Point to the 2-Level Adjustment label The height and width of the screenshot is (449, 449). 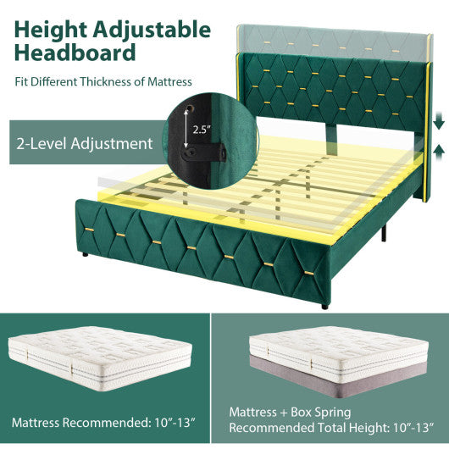(x=84, y=143)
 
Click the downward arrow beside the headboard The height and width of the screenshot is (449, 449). (x=437, y=124)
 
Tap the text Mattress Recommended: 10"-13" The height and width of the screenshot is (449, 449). (x=101, y=421)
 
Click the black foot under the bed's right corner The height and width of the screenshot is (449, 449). (x=324, y=306)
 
